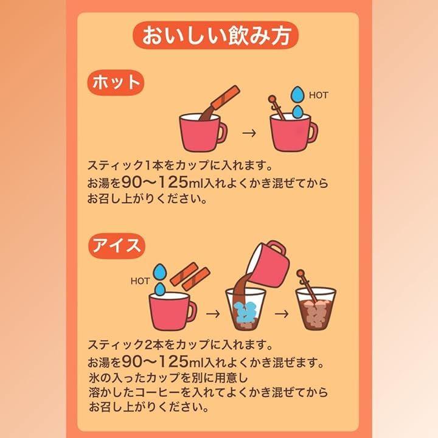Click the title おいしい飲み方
[215, 35]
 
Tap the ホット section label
[116, 83]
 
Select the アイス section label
[116, 246]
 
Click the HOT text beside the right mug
[318, 96]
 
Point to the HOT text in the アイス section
[141, 281]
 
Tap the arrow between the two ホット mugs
[249, 133]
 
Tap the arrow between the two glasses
[282, 314]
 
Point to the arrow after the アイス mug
[213, 314]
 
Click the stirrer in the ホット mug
[277, 107]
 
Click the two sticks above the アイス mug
[190, 277]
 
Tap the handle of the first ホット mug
[222, 133]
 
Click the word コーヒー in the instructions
[158, 392]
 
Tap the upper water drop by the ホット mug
[297, 94]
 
